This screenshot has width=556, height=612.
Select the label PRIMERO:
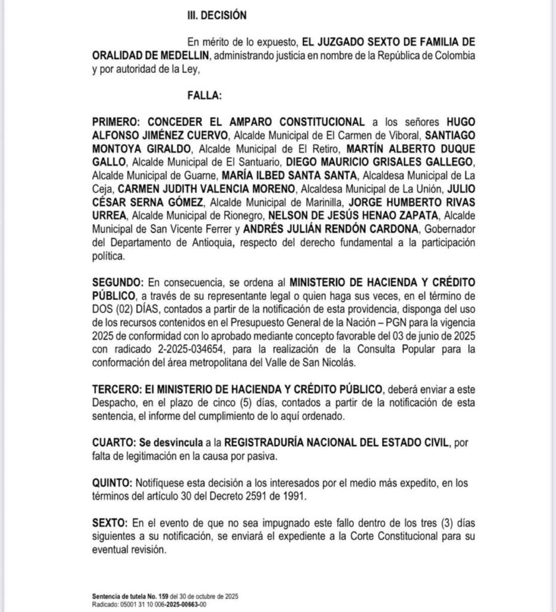[117, 121]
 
